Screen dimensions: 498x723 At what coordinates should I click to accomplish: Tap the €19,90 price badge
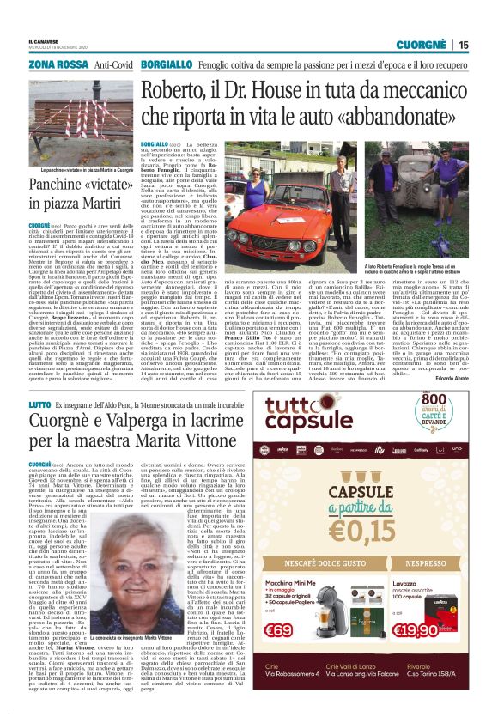(x=427, y=654)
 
